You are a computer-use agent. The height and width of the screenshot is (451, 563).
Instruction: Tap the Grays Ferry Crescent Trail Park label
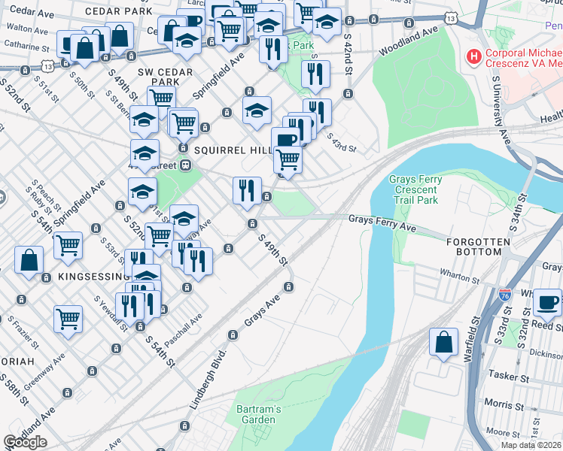[413, 190]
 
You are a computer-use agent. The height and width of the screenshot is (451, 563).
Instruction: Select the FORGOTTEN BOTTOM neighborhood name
[473, 247]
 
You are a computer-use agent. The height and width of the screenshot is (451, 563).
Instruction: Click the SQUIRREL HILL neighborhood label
[232, 150]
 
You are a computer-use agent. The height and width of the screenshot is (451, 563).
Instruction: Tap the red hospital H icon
[473, 56]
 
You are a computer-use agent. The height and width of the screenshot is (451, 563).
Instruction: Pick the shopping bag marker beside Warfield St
[443, 341]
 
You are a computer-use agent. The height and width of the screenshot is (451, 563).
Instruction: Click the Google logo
[25, 442]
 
